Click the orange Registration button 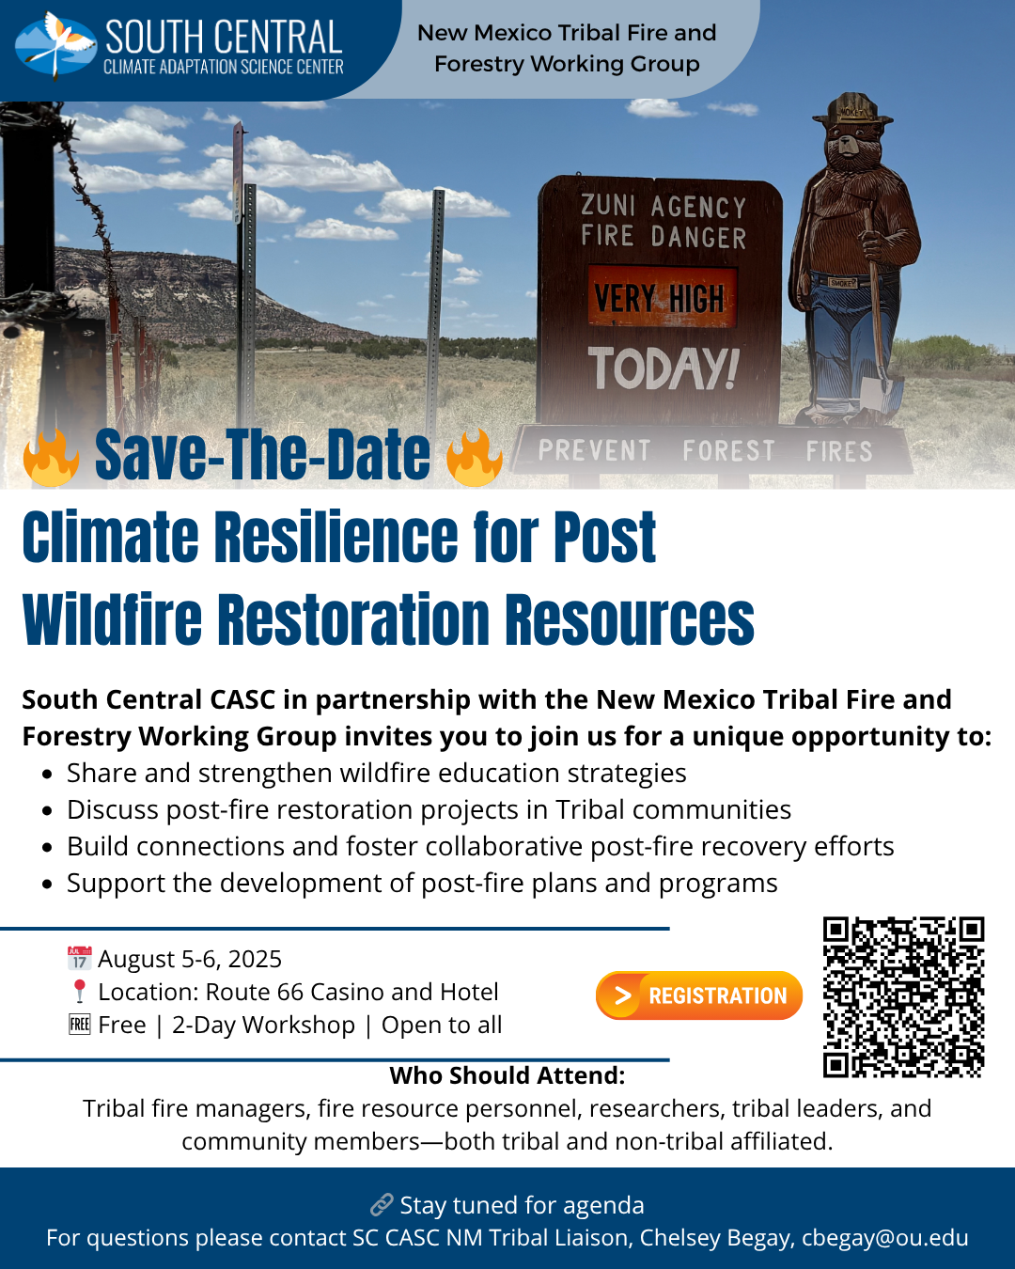(x=699, y=995)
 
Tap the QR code (x=903, y=997)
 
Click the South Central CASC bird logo (x=55, y=46)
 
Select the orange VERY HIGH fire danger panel (x=663, y=297)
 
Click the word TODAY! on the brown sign (x=664, y=368)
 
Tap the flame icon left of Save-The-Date (x=52, y=457)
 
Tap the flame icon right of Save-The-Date (x=475, y=457)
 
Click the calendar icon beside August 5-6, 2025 (x=80, y=958)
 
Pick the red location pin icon (x=80, y=992)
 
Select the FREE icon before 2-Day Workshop (x=80, y=1025)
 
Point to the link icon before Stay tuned (x=382, y=1205)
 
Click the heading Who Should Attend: (x=507, y=1075)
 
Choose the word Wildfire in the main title (x=112, y=619)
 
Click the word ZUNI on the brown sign (x=608, y=206)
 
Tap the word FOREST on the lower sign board (x=728, y=451)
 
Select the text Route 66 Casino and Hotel (x=351, y=992)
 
